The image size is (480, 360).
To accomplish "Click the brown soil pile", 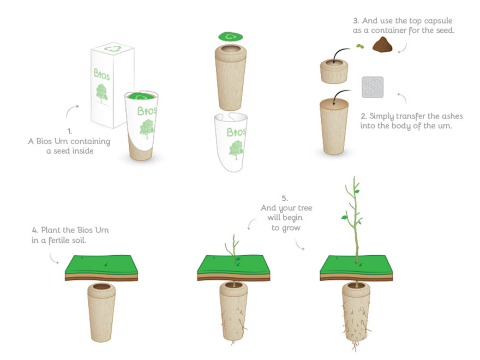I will (x=383, y=45).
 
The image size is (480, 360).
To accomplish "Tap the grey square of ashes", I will (x=373, y=88).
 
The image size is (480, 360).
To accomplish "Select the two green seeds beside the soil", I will (x=359, y=47).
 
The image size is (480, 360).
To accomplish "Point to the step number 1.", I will (x=69, y=131).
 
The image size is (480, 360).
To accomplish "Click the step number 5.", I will (x=285, y=198).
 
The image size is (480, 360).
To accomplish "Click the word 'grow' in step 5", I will (x=292, y=227).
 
